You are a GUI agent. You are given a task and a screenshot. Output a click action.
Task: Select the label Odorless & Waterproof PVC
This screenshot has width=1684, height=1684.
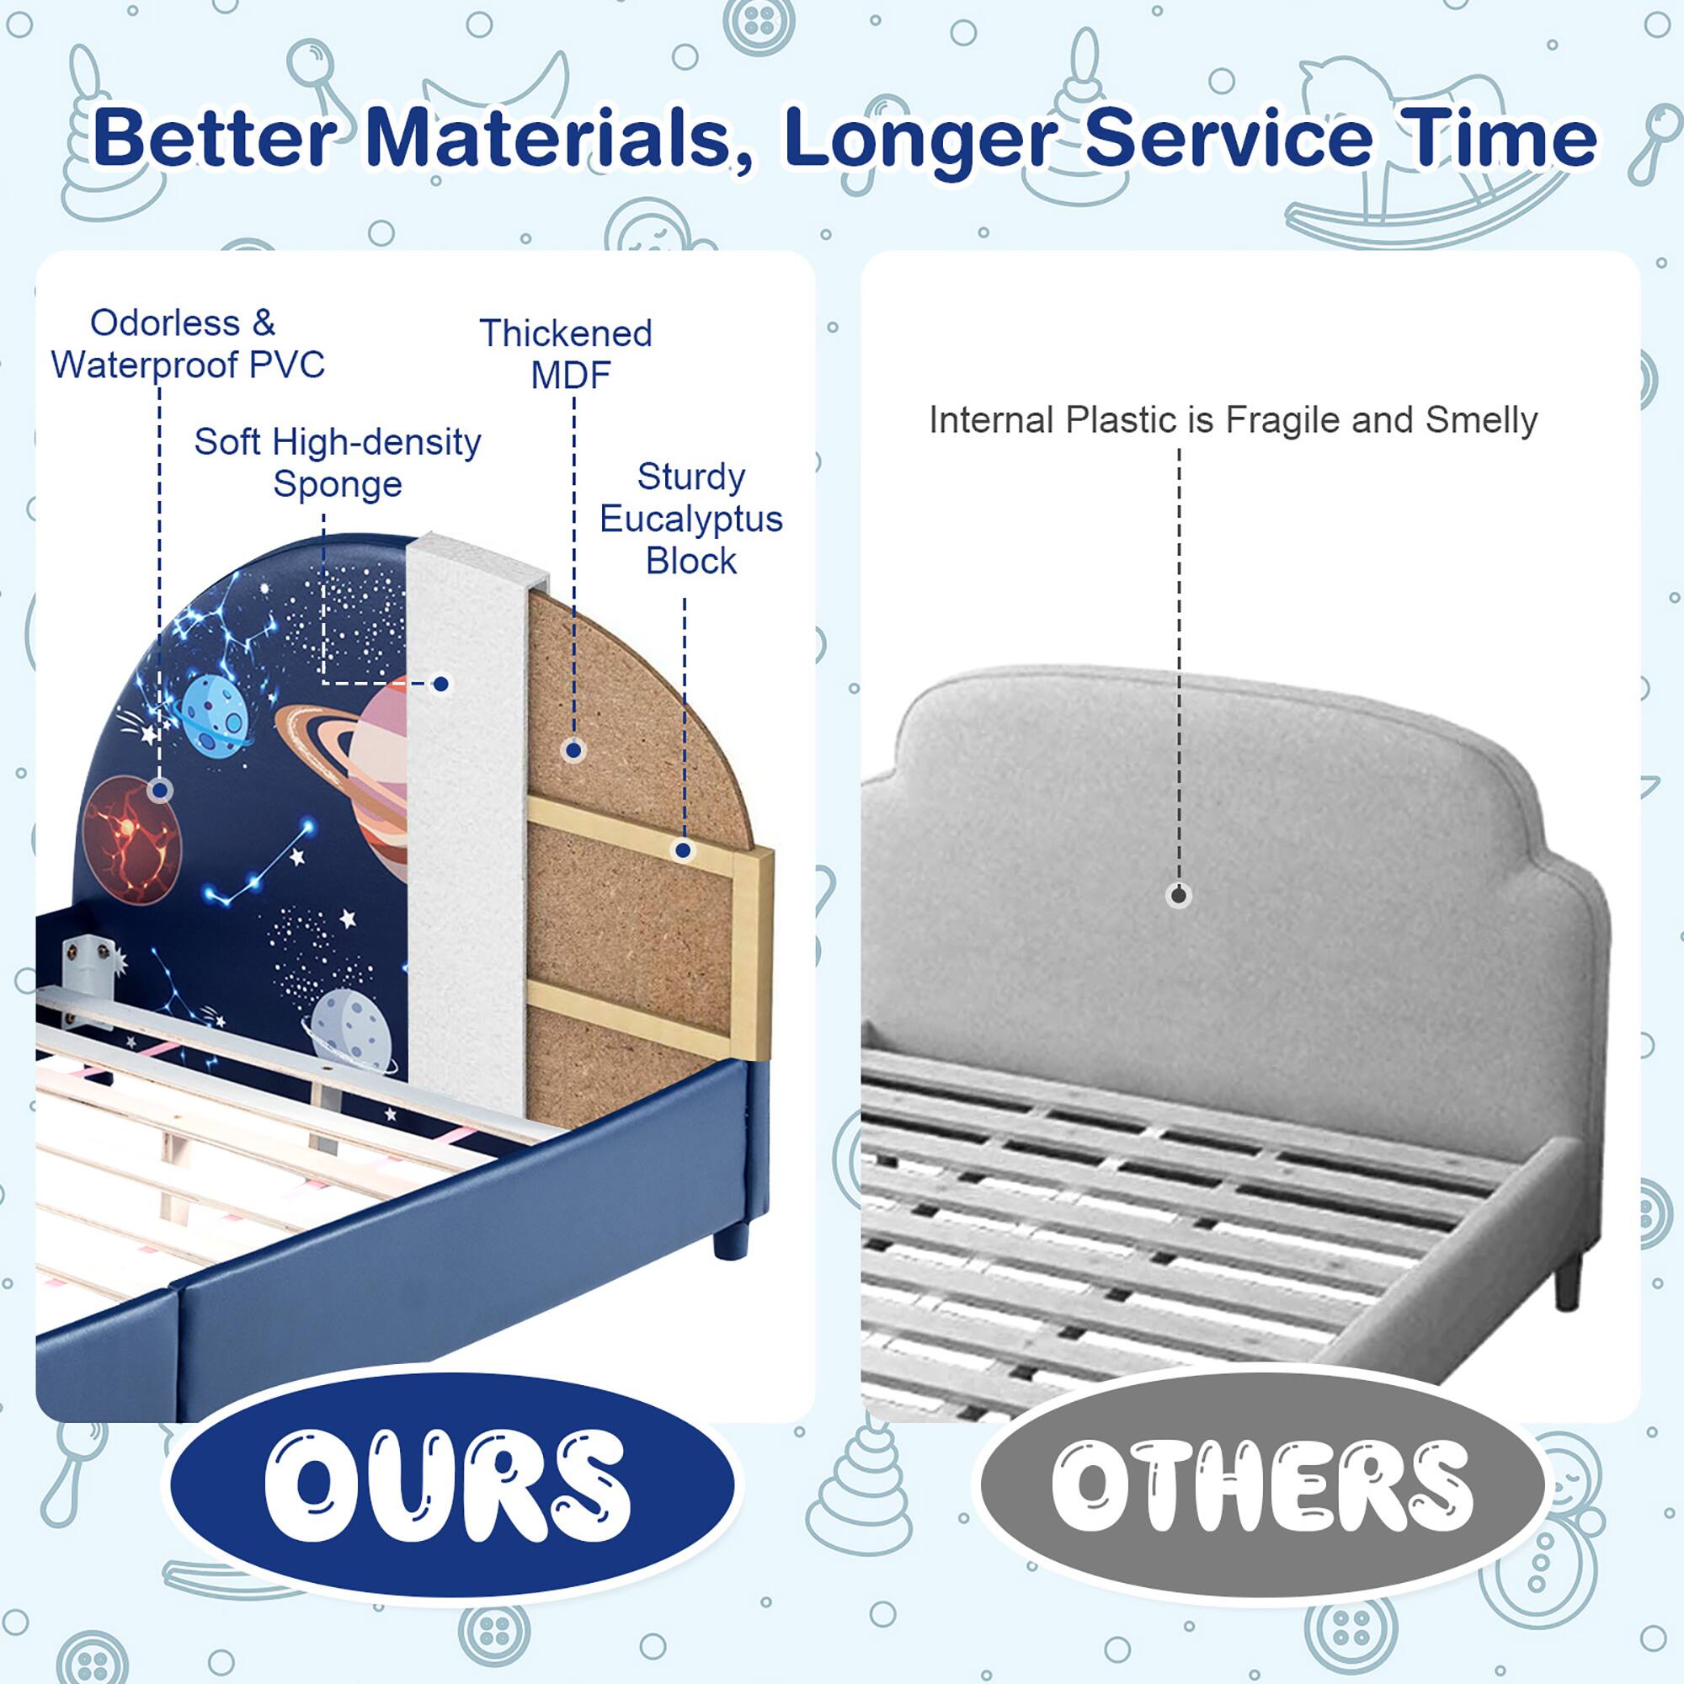pos(187,344)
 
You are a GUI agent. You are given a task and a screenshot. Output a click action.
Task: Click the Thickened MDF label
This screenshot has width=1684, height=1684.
pos(567,353)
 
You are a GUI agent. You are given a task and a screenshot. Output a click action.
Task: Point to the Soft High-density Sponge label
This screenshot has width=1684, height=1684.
pos(338,462)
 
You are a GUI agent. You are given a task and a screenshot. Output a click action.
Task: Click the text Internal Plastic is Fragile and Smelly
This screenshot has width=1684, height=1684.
pos(1233,420)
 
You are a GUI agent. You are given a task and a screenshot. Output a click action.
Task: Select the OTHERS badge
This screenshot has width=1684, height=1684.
pos(1261,1484)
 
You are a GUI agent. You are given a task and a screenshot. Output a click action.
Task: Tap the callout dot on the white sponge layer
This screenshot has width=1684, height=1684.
pos(442,685)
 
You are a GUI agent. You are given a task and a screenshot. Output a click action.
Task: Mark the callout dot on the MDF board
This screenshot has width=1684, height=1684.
pos(573,749)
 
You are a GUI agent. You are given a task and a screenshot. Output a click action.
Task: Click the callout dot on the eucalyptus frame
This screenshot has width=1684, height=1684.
pos(684,850)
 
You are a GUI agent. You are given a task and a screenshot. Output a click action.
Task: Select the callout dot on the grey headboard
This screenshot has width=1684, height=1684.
pos(1180,894)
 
